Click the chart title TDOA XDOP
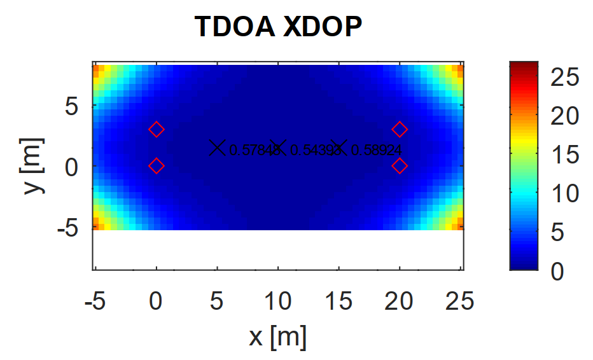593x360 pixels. coord(278,27)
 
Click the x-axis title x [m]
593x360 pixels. coord(277,336)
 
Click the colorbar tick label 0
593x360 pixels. coord(556,272)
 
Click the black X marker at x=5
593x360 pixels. coord(218,148)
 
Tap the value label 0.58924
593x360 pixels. coord(377,150)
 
